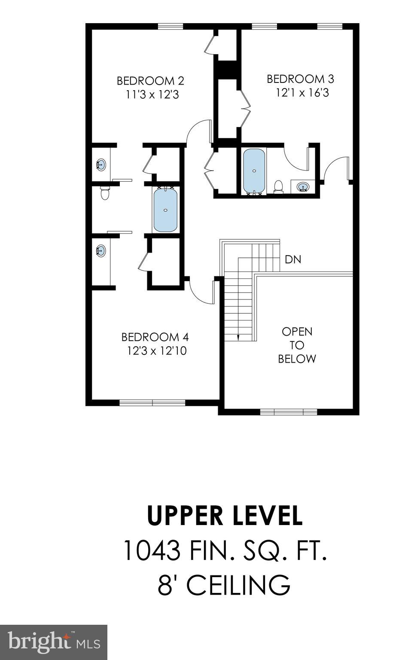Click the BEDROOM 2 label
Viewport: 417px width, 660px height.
click(x=150, y=81)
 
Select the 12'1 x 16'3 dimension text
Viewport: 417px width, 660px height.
click(x=302, y=93)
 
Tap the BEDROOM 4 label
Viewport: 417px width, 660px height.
click(x=155, y=337)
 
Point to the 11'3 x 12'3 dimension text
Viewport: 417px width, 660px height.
click(x=152, y=95)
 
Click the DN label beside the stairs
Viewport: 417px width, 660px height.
click(x=293, y=260)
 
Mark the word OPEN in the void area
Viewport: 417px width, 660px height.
click(x=297, y=332)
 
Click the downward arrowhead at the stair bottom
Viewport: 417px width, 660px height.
click(x=237, y=337)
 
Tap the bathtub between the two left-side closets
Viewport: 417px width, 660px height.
click(x=165, y=210)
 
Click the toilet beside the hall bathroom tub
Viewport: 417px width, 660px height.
click(x=278, y=186)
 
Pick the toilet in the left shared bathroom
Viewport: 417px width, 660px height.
click(x=105, y=193)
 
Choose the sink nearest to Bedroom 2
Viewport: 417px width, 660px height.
click(x=101, y=165)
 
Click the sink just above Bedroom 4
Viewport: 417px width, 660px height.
click(x=101, y=251)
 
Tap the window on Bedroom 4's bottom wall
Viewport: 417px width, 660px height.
click(x=152, y=403)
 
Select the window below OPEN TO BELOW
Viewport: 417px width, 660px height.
click(x=288, y=412)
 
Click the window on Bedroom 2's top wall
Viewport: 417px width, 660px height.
click(x=170, y=26)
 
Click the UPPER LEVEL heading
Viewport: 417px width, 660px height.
click(x=225, y=516)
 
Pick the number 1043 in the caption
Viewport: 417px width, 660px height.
click(x=152, y=550)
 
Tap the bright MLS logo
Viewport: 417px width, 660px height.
click(x=54, y=642)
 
